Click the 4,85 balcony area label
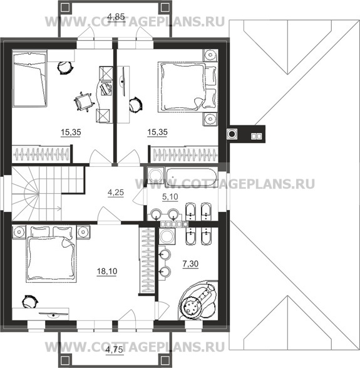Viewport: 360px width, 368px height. pos(116,17)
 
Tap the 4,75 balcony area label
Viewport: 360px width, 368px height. pos(114,350)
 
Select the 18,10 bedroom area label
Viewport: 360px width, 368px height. pos(107,271)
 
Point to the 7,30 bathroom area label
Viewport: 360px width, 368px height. pos(190,264)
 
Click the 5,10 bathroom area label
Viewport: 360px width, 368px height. pos(170,197)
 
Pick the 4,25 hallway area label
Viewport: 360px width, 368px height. pos(116,192)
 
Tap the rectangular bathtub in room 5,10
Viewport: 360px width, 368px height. pos(191,177)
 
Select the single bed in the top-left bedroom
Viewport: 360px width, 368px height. pos(29,80)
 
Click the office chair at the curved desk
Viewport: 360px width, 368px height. pos(83,102)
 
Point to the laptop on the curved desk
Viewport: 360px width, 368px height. pos(106,88)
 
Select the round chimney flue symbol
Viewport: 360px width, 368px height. pos(232,134)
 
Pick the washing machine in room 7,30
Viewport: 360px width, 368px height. pos(167,236)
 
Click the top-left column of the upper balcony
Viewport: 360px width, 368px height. pos(64,8)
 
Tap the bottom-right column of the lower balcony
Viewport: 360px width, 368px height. pos(165,360)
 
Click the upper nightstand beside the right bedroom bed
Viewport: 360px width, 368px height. pos(210,55)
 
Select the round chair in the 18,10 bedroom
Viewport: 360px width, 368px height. pos(30,302)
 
